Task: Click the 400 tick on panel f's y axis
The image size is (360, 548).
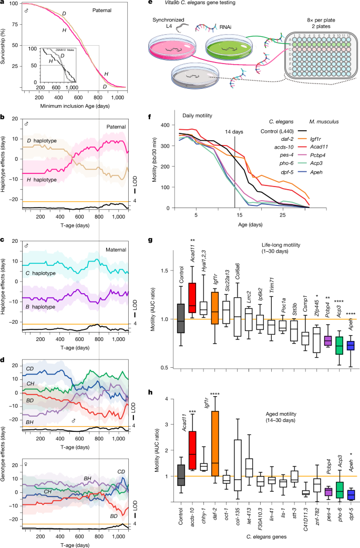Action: click(x=166, y=125)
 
